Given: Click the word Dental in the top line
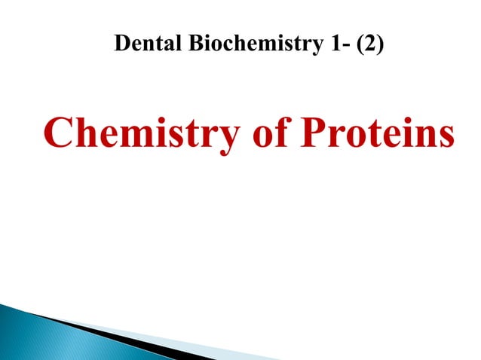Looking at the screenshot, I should pyautogui.click(x=144, y=44).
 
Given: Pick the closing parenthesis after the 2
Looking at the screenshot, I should pyautogui.click(x=379, y=45).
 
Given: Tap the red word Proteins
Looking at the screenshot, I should pyautogui.click(x=378, y=134).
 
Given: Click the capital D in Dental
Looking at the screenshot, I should pyautogui.click(x=121, y=44).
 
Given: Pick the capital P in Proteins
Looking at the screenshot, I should pyautogui.click(x=314, y=133).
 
